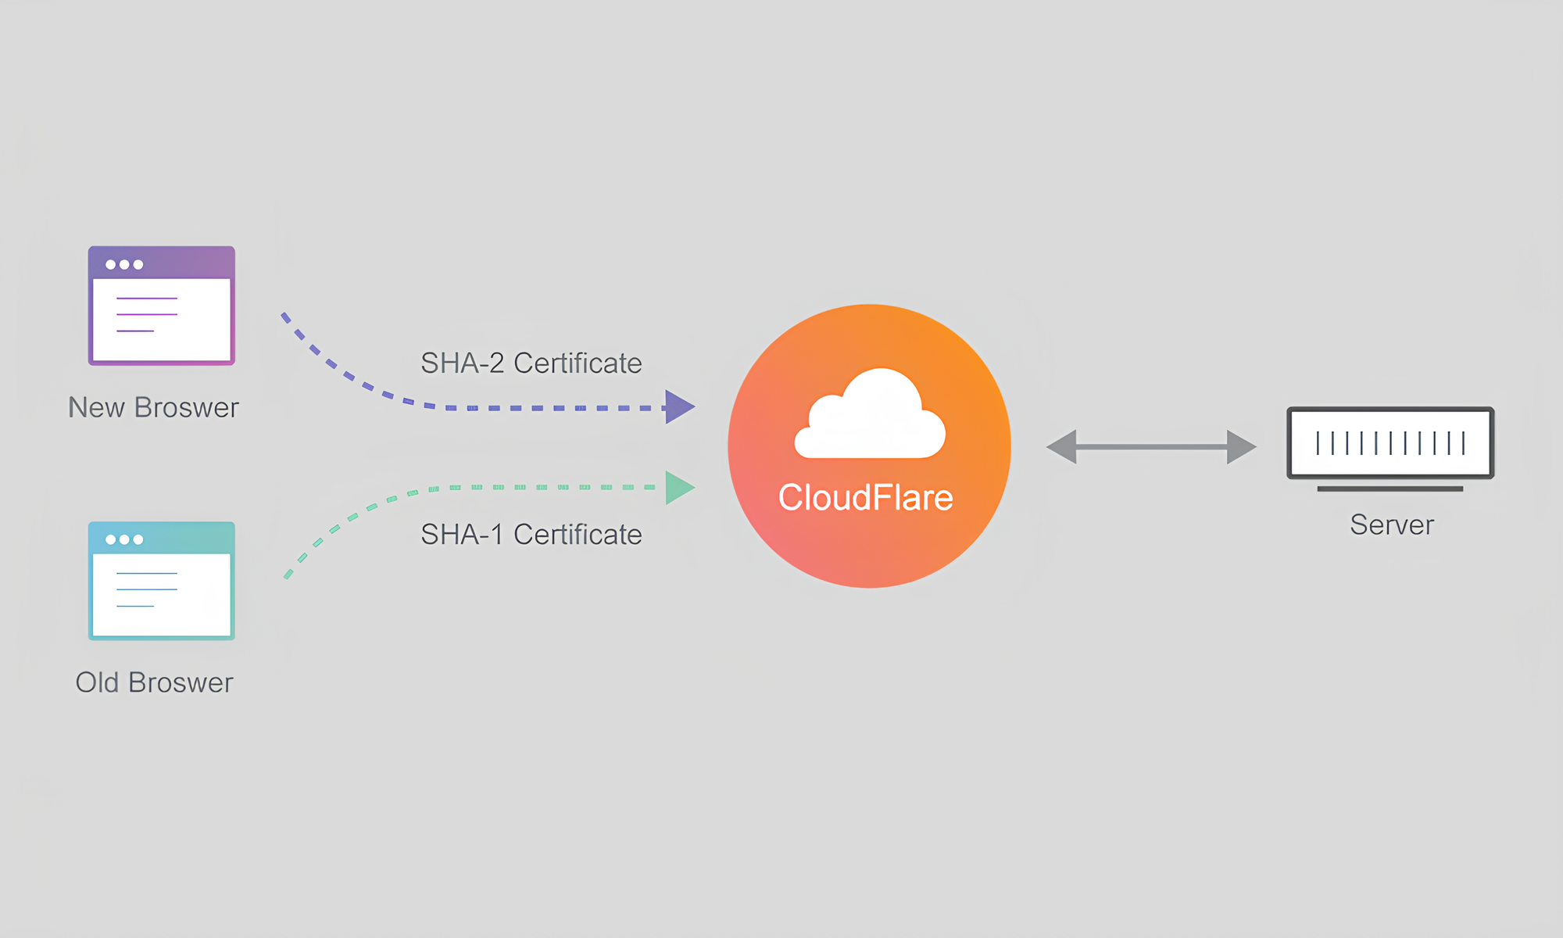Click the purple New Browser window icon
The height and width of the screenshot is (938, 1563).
(x=161, y=306)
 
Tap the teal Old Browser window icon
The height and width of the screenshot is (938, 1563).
(x=161, y=581)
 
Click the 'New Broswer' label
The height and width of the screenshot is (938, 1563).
(x=153, y=407)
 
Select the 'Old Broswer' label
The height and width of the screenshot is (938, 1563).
(x=154, y=682)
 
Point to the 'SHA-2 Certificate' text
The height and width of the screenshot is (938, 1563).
(x=531, y=363)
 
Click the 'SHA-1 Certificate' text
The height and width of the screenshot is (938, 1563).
(x=531, y=535)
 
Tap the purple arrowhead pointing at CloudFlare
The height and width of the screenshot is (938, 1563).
(x=678, y=407)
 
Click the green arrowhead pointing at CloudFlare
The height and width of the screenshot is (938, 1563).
(x=678, y=488)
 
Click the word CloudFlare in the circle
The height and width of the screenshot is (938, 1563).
(x=865, y=498)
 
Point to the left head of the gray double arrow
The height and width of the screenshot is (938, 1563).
(x=1063, y=446)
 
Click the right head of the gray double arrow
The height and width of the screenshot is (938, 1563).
(x=1240, y=446)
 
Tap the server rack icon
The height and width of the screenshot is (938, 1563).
(x=1390, y=443)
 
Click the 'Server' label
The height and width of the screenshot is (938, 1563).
(x=1391, y=524)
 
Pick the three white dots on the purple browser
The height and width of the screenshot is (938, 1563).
(x=124, y=264)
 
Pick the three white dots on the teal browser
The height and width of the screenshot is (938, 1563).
(x=124, y=539)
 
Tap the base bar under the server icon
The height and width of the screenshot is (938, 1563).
(x=1390, y=489)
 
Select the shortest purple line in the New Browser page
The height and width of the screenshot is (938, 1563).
(x=135, y=331)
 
